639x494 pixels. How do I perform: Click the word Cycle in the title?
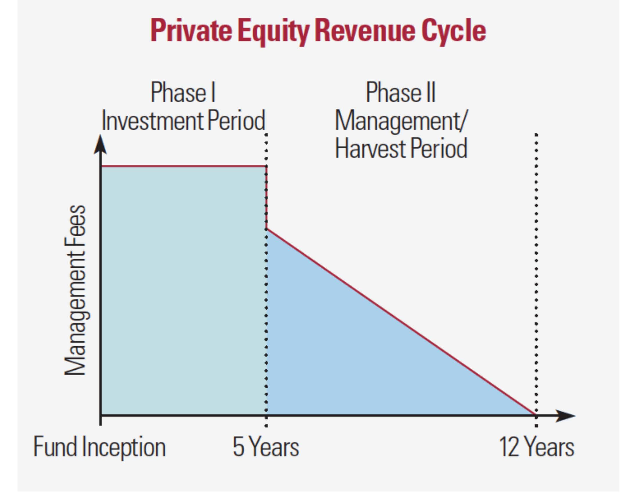(453, 31)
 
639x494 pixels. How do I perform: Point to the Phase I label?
(183, 92)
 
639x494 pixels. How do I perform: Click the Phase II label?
(401, 92)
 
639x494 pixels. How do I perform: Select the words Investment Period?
(183, 120)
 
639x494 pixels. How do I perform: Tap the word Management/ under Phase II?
(401, 120)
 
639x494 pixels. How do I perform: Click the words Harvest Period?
(401, 148)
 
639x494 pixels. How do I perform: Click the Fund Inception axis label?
(99, 447)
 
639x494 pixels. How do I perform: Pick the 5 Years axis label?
(266, 447)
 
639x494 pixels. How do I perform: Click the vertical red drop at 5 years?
(267, 198)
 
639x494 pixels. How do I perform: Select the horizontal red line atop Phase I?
(183, 166)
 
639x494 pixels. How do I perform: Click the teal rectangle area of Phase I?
(183, 290)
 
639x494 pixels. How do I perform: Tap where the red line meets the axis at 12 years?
(535, 414)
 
